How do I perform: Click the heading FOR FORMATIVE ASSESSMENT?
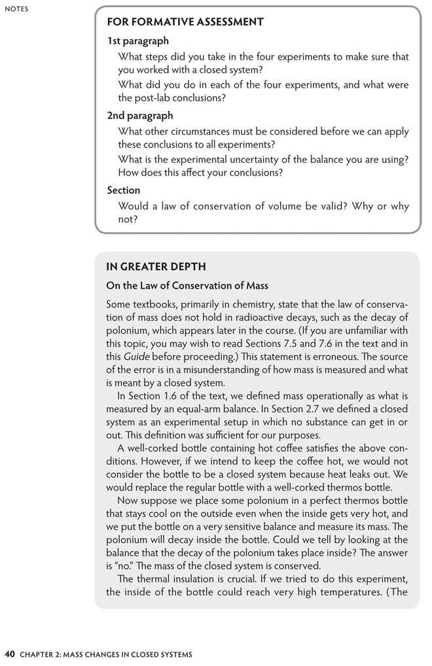(185, 22)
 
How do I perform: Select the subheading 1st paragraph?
(137, 41)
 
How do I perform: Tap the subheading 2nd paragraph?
(140, 115)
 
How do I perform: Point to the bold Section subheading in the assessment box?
(124, 190)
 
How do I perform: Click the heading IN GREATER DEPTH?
(156, 267)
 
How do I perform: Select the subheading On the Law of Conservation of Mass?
(187, 286)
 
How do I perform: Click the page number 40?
(10, 654)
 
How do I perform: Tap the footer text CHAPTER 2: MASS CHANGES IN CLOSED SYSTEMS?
(106, 654)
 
